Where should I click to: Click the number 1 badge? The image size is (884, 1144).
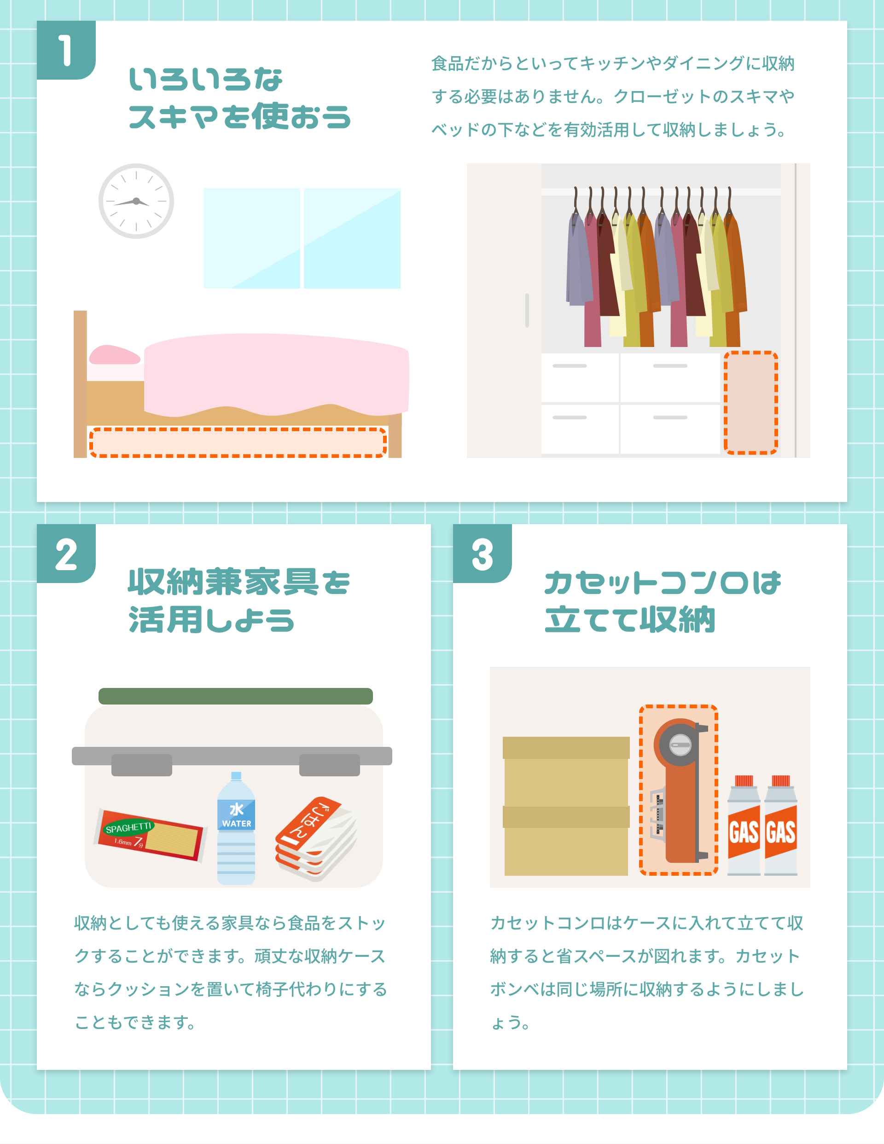(65, 50)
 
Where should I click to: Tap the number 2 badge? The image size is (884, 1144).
(65, 554)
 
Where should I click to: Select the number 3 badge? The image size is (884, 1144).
(482, 554)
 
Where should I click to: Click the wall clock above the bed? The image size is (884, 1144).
(136, 201)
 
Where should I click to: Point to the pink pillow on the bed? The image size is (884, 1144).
(114, 355)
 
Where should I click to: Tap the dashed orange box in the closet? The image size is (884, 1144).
(750, 402)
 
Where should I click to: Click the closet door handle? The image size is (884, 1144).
(527, 310)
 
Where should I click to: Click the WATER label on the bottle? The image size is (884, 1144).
(236, 823)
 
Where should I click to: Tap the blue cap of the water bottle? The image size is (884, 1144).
(236, 776)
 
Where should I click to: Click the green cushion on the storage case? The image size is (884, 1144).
(235, 696)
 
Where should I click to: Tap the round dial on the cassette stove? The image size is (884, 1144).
(680, 744)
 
